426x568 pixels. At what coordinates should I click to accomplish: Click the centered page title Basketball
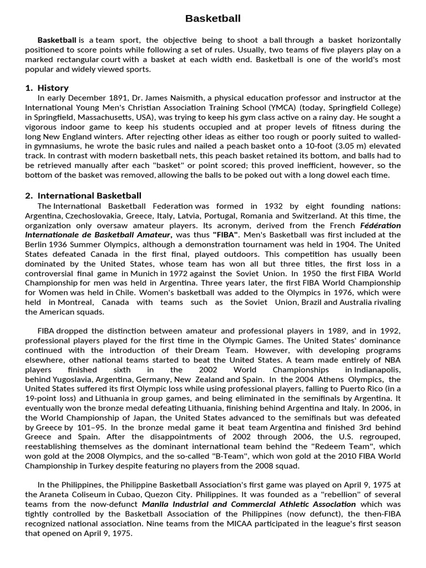(x=213, y=19)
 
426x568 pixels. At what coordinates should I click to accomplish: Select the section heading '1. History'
(x=47, y=88)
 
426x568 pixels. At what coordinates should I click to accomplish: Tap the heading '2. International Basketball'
(x=84, y=195)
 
